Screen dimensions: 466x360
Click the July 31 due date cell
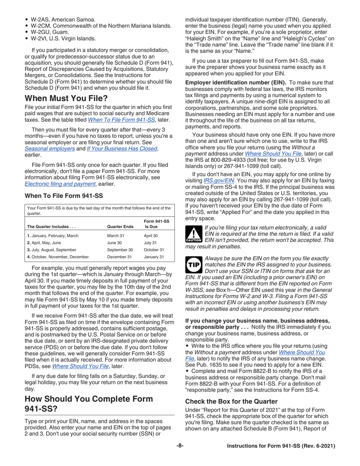pyautogui.click(x=150, y=242)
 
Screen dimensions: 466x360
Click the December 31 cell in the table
pyautogui.click(x=116, y=257)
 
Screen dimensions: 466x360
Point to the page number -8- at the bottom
pyautogui.click(x=180, y=457)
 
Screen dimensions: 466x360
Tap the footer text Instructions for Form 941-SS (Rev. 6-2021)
pyautogui.click(x=280, y=457)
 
